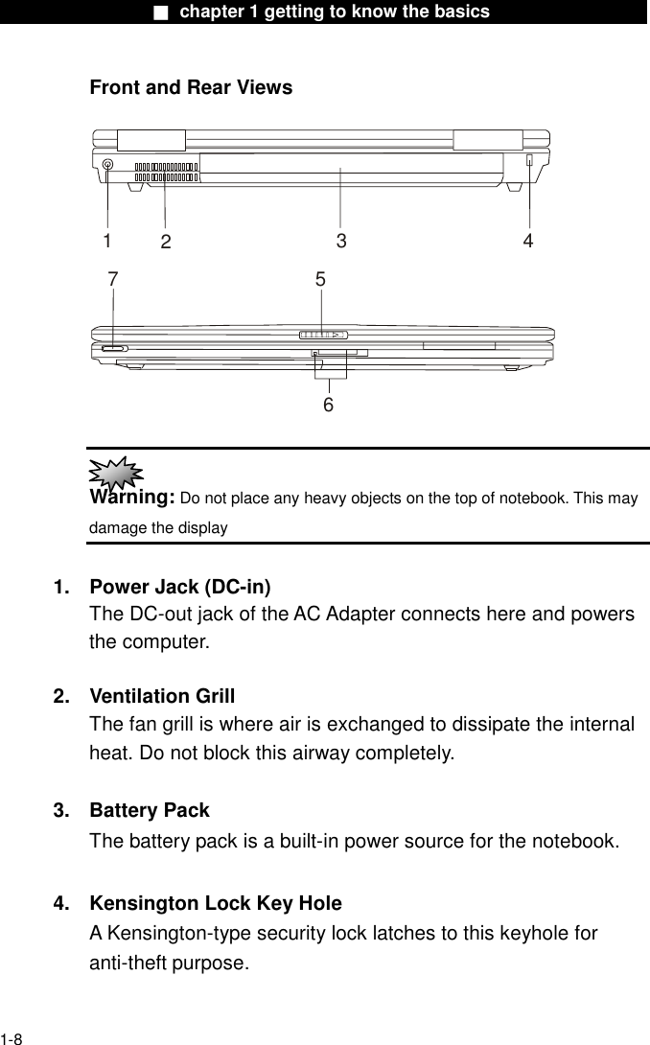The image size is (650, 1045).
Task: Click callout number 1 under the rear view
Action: pos(107,239)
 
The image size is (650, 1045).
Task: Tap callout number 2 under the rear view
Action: pos(165,243)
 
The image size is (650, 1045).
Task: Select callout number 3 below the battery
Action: pos(340,242)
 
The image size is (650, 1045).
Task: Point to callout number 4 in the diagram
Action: pos(528,241)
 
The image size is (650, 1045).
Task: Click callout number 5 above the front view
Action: pos(320,280)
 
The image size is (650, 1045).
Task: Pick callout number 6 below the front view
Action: pos(328,405)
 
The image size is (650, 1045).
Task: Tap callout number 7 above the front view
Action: pos(113,279)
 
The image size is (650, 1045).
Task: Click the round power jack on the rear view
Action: pos(107,165)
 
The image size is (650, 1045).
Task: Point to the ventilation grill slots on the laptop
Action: pos(165,170)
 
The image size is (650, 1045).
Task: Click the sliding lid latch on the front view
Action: pos(321,335)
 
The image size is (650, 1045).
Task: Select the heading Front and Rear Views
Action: pos(191,88)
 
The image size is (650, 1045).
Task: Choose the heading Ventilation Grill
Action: pos(162,696)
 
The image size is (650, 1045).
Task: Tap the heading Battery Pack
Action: pos(149,811)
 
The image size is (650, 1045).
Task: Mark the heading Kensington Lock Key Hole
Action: pos(215,903)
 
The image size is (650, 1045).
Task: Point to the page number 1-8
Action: pos(12,1037)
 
